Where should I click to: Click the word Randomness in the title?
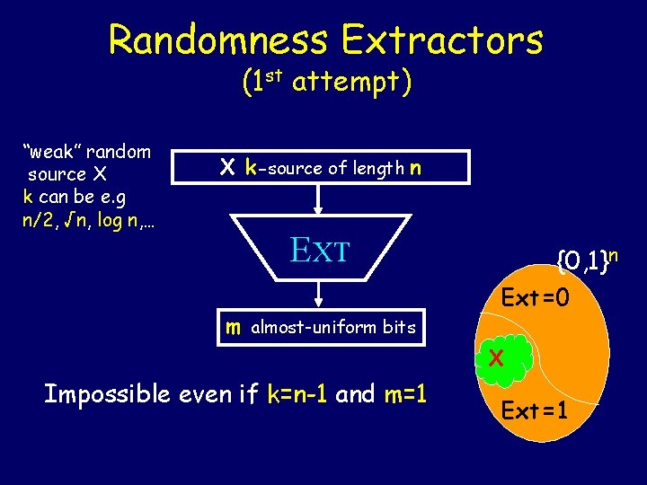(218, 40)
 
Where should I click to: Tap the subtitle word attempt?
(352, 84)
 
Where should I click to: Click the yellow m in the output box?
(233, 328)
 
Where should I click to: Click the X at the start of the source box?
(227, 167)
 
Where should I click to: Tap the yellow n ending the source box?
(413, 167)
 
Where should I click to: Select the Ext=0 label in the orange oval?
(535, 296)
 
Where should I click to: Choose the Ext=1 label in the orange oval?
(535, 411)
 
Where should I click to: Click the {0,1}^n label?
(588, 261)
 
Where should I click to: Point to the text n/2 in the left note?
(38, 221)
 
